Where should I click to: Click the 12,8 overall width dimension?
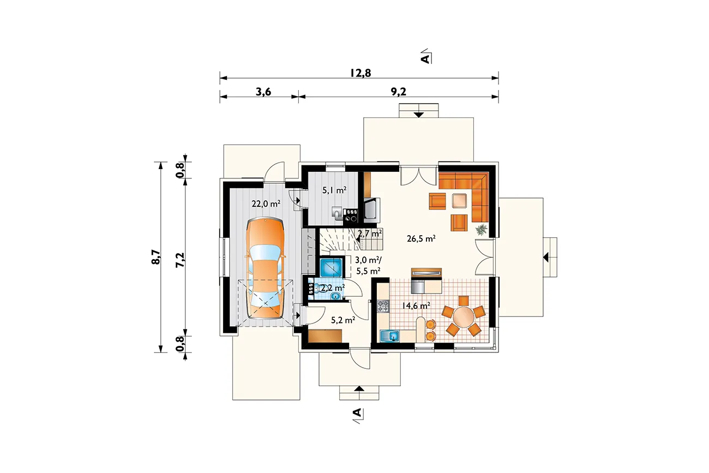click(360, 73)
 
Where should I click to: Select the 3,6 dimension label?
click(263, 92)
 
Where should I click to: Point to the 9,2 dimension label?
click(398, 92)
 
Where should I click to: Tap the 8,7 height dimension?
click(157, 257)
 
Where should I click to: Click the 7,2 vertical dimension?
click(180, 260)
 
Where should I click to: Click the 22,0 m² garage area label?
click(266, 203)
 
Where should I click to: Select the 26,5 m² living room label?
click(421, 238)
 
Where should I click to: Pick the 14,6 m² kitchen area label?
click(416, 306)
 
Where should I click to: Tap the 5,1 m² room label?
click(334, 190)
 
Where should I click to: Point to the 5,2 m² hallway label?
click(343, 320)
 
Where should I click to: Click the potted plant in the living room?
click(481, 229)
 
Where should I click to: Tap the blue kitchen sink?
click(389, 336)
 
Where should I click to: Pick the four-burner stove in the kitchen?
click(383, 306)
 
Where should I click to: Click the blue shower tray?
click(331, 267)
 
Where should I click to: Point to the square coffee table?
click(460, 201)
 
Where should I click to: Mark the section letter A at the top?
click(426, 58)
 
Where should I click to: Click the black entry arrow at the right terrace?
click(545, 258)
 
